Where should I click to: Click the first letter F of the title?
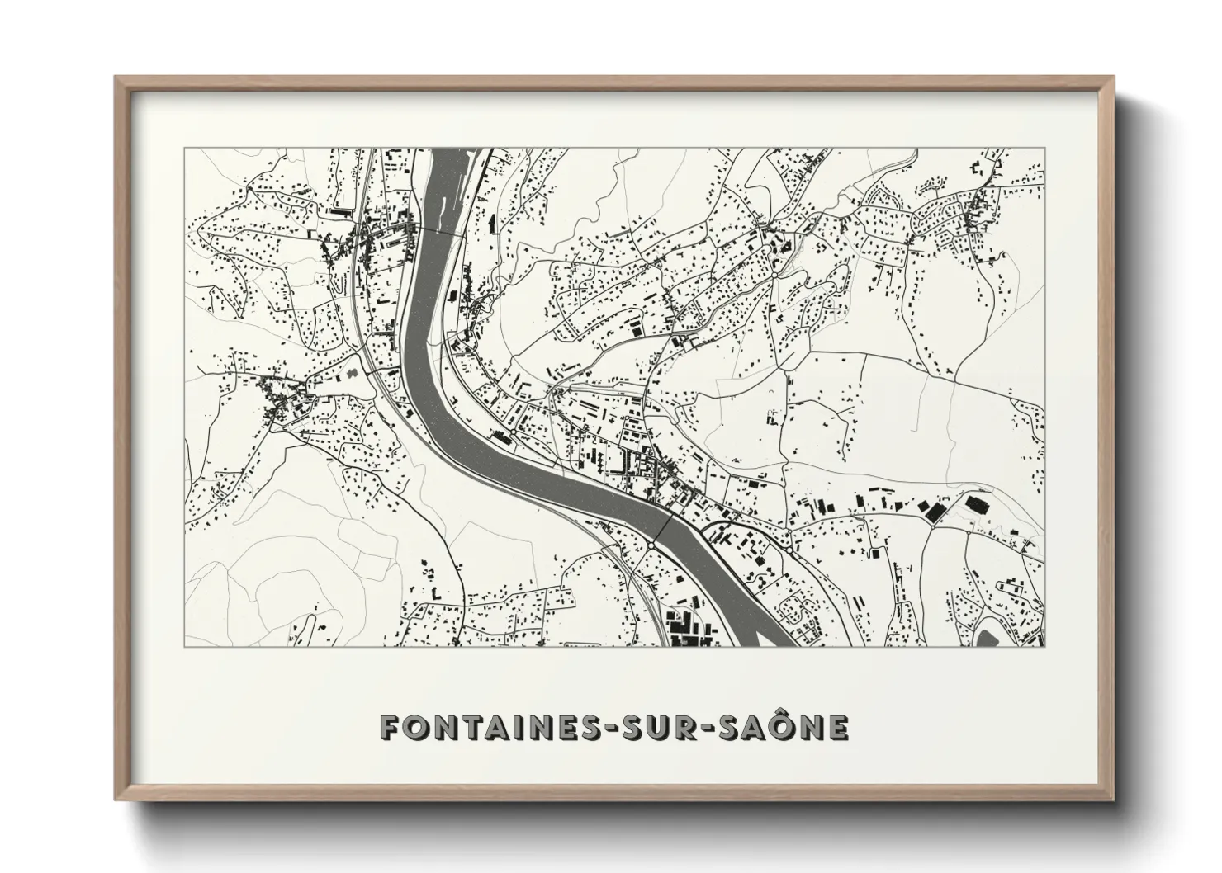click(389, 728)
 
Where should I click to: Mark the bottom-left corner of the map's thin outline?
click(185, 646)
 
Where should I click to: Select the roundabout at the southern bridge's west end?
click(652, 545)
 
